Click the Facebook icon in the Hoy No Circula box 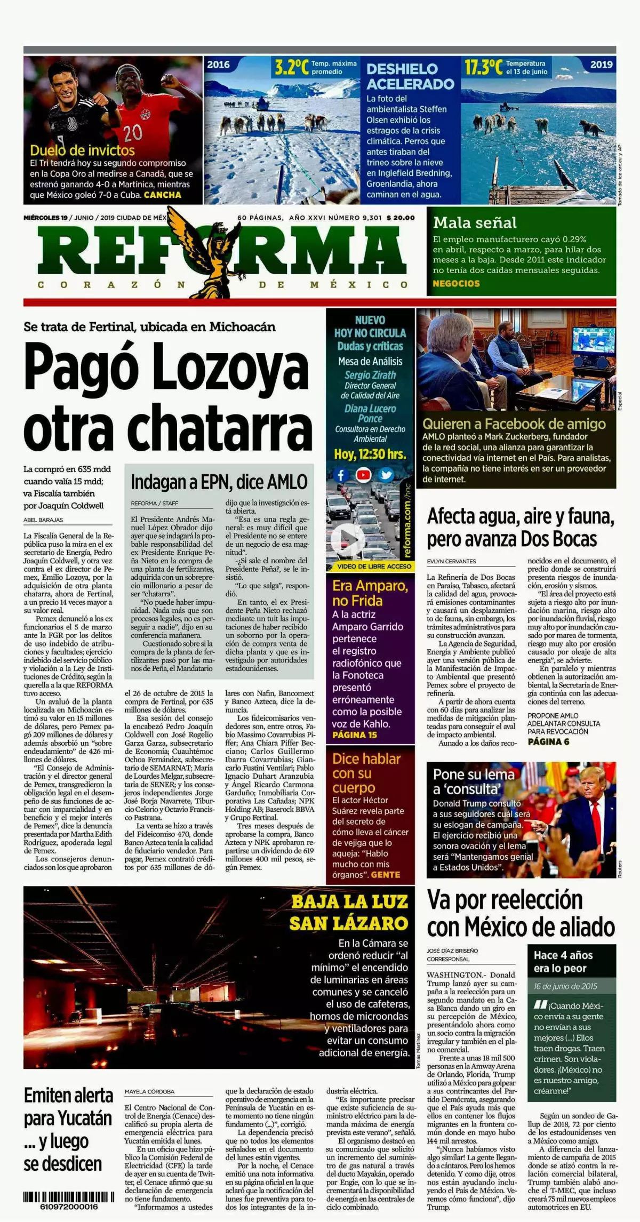point(341,475)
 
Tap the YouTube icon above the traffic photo point(364,475)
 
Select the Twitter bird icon point(386,475)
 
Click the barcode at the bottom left point(61,1196)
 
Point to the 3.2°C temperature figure point(291,67)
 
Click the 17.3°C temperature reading point(483,67)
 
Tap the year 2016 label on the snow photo point(218,65)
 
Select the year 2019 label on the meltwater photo point(601,65)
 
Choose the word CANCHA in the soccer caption point(163,195)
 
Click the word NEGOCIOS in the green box point(456,283)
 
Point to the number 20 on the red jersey point(133,132)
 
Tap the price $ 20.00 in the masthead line point(401,218)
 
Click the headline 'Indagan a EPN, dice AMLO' point(219,482)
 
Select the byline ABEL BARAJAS point(43,520)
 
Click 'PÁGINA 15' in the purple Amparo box point(354,735)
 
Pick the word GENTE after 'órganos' point(385,874)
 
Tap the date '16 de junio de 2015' point(565,986)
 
